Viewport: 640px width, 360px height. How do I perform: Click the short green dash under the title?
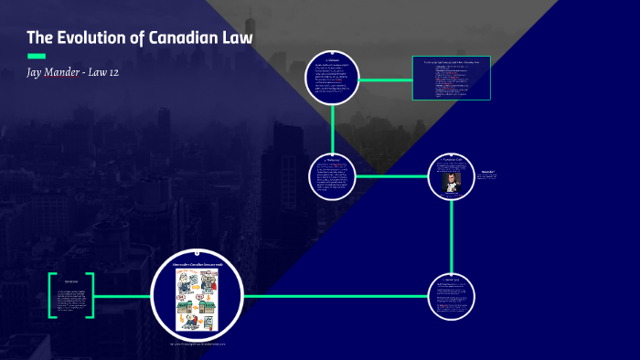(x=36, y=56)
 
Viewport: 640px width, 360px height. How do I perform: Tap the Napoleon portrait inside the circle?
(x=453, y=181)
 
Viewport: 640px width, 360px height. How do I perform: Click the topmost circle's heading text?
(x=332, y=58)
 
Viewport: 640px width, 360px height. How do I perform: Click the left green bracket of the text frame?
(x=52, y=296)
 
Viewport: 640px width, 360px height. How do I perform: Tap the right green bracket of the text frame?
(x=91, y=296)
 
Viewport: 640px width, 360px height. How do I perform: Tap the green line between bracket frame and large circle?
(x=123, y=296)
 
